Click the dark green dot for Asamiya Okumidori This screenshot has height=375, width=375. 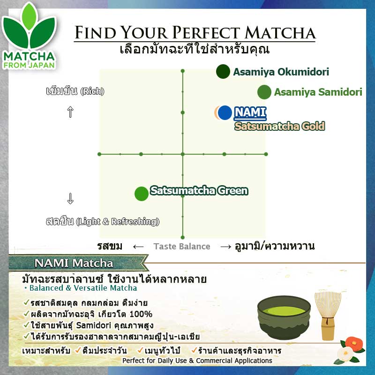(x=223, y=72)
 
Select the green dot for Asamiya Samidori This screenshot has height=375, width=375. (x=264, y=92)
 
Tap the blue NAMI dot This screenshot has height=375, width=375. (x=225, y=112)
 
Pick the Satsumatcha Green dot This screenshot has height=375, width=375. (x=141, y=193)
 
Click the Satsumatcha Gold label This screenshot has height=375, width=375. (x=280, y=126)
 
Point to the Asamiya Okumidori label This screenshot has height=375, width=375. (x=281, y=72)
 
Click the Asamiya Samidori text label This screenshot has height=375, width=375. (x=318, y=92)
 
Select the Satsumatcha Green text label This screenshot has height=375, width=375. (x=199, y=191)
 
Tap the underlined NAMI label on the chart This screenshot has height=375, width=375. (x=250, y=112)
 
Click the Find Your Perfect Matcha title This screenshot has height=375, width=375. (x=195, y=32)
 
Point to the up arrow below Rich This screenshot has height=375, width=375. (x=70, y=112)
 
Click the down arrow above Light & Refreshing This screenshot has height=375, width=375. (x=70, y=199)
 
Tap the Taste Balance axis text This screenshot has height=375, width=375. (x=182, y=247)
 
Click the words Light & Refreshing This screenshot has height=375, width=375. (x=117, y=221)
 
